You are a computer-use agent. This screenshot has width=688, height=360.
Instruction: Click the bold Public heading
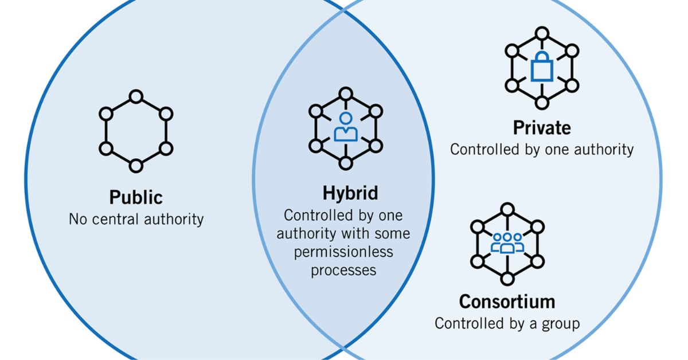[136, 198]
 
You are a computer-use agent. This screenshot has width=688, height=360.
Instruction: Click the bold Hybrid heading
[350, 194]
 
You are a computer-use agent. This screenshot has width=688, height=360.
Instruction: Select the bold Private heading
[542, 128]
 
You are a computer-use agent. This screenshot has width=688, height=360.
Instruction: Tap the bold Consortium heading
[507, 302]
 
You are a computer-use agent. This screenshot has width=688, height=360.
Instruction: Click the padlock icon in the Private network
[542, 66]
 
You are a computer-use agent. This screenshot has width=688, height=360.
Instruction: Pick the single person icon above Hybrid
[346, 127]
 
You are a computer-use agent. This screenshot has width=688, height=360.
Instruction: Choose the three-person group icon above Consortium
[507, 243]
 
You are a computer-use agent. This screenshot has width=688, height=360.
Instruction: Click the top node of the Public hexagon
[136, 97]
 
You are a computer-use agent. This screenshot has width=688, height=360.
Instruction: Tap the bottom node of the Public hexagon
[136, 166]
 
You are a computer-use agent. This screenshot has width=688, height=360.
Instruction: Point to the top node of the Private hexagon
[542, 33]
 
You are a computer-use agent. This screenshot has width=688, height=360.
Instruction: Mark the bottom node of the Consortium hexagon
[507, 279]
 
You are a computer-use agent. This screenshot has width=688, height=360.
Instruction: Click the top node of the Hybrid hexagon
[346, 94]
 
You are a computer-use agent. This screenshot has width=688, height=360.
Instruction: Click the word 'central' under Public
[115, 220]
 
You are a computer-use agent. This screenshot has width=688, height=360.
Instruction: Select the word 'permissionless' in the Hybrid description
[343, 252]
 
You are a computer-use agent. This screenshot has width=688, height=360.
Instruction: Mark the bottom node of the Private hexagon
[542, 103]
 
